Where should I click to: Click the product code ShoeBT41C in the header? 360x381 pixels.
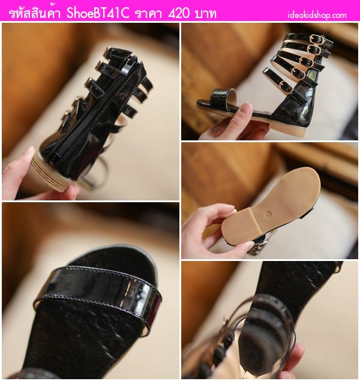click(x=98, y=14)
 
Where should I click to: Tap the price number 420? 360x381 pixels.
click(x=179, y=14)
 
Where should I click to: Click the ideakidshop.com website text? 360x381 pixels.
click(x=317, y=16)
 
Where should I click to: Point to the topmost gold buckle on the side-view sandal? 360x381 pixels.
click(x=315, y=39)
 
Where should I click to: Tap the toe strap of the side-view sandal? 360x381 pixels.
click(x=221, y=98)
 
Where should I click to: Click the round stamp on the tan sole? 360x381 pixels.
click(x=268, y=214)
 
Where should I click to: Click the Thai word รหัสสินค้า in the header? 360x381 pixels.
click(x=35, y=14)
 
